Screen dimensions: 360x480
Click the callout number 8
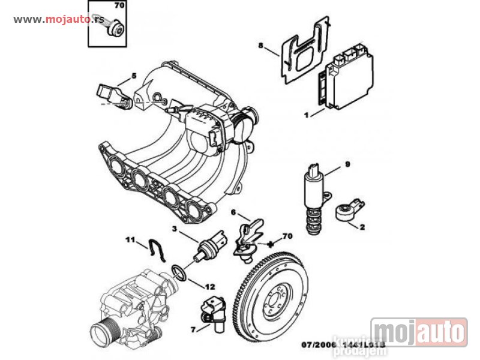(261, 46)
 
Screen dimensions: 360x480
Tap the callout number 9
(347, 164)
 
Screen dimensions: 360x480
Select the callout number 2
(362, 227)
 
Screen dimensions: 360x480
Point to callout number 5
(134, 76)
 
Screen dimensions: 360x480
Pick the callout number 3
(233, 212)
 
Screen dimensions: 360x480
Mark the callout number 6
(233, 212)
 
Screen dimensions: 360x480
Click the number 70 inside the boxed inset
(118, 6)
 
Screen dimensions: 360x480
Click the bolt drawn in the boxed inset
(115, 28)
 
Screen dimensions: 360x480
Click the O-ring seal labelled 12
(179, 272)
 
